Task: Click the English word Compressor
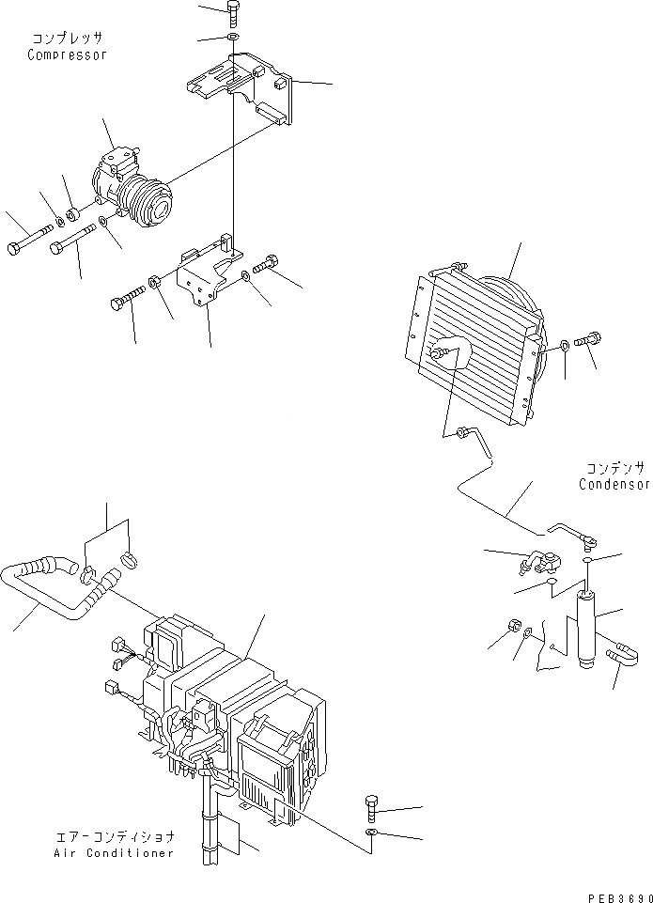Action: tap(67, 54)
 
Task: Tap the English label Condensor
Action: tap(614, 485)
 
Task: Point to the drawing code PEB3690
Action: tap(617, 896)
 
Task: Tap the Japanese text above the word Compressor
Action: tap(66, 38)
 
